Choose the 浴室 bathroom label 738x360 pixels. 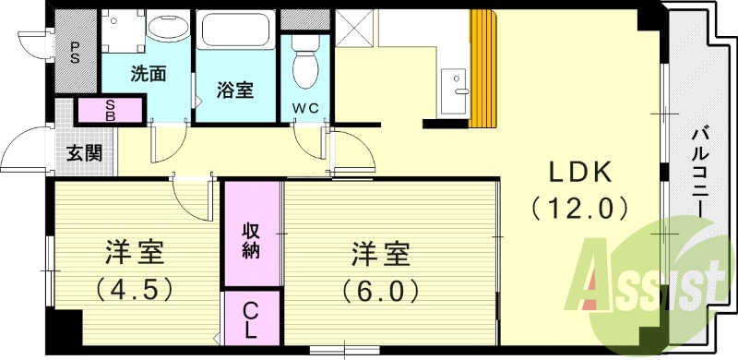235,90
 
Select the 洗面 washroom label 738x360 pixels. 148,74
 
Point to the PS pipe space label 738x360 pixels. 74,53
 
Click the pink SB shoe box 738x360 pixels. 111,111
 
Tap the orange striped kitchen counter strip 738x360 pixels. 484,69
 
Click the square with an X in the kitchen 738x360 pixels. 354,28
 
